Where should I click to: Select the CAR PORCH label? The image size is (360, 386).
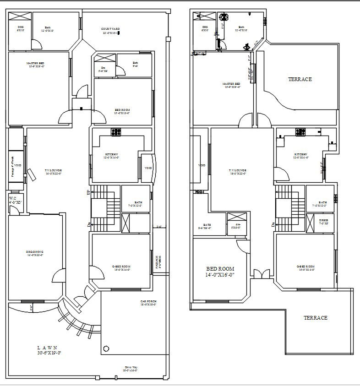[x=149, y=303]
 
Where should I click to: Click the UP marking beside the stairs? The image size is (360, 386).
[x=89, y=193]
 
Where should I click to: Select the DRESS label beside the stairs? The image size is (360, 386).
[x=323, y=221]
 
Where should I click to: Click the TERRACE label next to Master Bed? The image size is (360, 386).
[x=300, y=79]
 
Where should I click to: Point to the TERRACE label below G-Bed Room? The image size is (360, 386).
[x=316, y=318]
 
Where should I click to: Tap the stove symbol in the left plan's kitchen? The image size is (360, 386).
[x=116, y=132]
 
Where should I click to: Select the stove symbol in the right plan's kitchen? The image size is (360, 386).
[x=300, y=132]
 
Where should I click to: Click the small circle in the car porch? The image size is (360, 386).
[x=106, y=349]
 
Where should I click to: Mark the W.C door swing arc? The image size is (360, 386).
[x=15, y=209]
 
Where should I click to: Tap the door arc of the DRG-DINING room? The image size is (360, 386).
[x=58, y=277]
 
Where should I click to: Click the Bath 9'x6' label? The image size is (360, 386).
[x=136, y=64]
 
